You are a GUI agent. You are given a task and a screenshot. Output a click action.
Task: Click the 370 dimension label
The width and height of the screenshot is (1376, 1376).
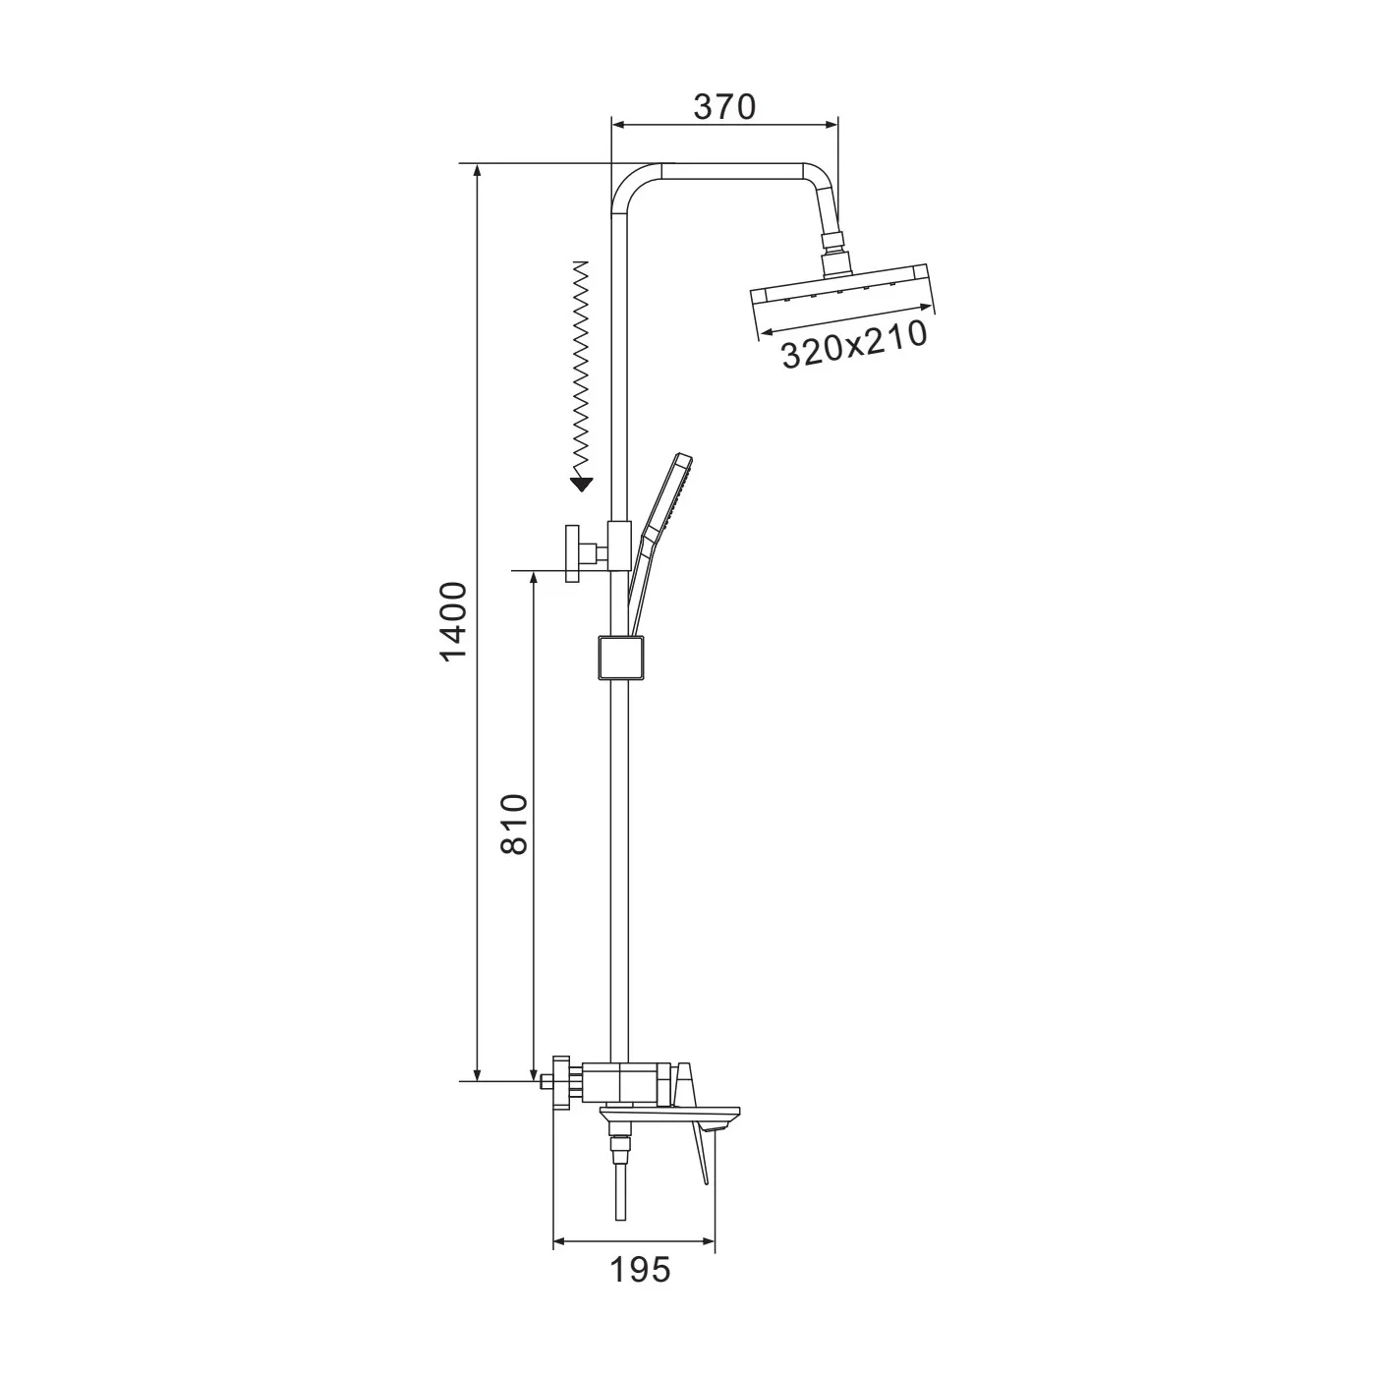[724, 107]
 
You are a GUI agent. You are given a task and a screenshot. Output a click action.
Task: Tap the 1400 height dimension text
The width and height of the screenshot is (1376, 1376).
[453, 622]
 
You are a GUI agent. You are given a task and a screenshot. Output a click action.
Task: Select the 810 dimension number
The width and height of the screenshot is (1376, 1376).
[514, 824]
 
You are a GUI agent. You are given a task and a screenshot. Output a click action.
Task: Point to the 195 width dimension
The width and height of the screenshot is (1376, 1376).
[640, 1269]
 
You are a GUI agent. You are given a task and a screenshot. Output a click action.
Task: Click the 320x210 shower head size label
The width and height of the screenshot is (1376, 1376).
[855, 344]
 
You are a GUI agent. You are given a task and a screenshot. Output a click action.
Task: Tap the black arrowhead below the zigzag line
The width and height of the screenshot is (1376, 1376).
[583, 485]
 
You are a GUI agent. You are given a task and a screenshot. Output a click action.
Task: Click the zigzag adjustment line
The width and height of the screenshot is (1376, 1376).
[583, 369]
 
